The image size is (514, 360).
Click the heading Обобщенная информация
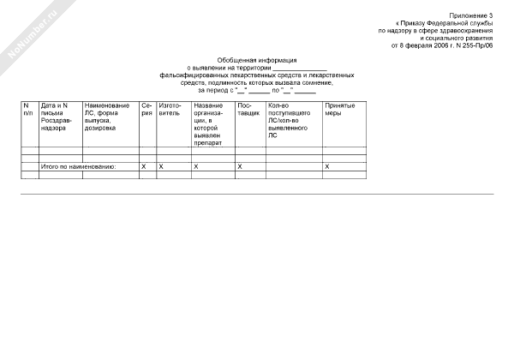[257, 60]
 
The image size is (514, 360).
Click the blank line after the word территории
[300, 68]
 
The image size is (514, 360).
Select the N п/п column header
[28, 109]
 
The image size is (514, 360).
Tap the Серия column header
[146, 109]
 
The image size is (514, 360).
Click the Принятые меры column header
[339, 109]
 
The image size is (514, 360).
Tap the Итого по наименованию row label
[78, 165]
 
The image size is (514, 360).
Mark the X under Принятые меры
[327, 165]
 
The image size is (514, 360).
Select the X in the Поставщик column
[240, 165]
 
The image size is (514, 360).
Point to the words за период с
[216, 89]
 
